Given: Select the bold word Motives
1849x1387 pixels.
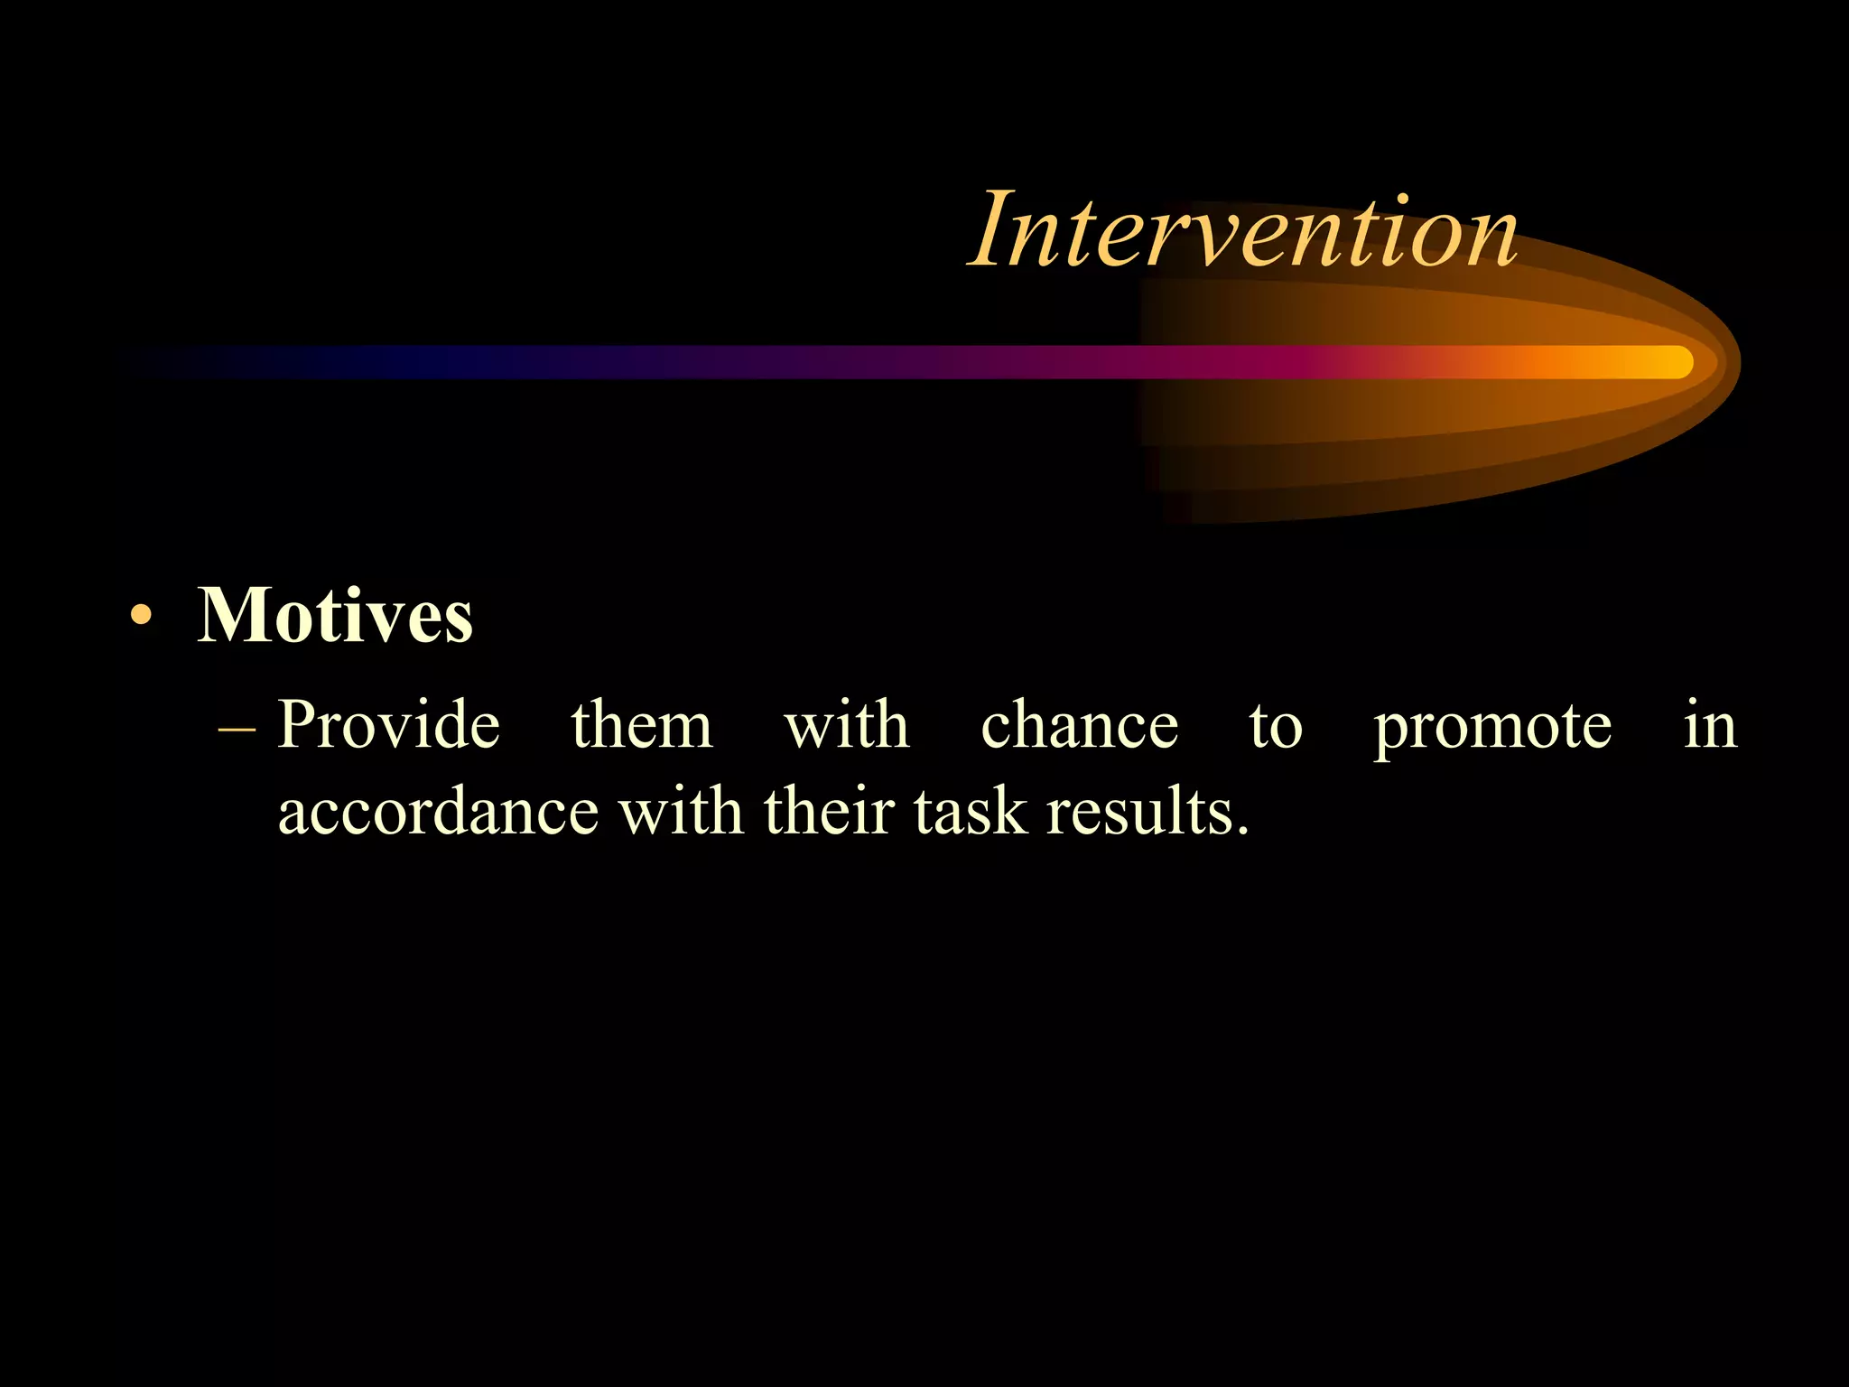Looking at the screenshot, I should pos(335,616).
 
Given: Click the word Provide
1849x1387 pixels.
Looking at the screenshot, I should pos(388,725).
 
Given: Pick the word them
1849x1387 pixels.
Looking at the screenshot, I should pos(641,725).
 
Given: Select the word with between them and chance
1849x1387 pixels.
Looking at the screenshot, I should pos(846,725).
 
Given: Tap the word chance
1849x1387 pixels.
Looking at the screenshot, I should pos(1079,725).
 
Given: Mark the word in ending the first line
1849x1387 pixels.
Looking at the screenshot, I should pos(1710,725).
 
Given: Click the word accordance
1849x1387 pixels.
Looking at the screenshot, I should pos(438,812).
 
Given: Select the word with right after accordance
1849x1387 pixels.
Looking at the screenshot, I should pos(681,810).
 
